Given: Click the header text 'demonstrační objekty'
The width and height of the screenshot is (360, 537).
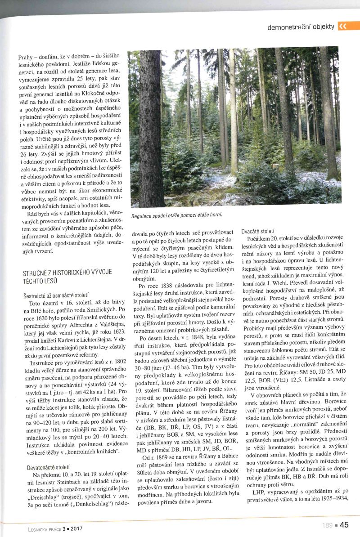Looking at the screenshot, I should pos(301,27).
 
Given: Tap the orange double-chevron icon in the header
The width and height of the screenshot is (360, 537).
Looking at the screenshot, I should pos(342,26).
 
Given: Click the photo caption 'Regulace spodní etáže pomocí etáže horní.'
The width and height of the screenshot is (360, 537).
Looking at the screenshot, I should pos(177,215).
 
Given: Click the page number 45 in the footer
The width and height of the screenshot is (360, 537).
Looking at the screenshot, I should pos(344,524).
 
